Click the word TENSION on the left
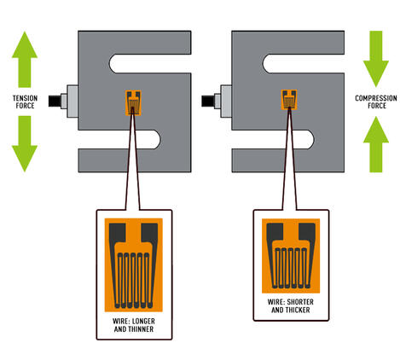point(25,98)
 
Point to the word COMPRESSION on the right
point(375,98)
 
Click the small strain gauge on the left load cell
point(132,102)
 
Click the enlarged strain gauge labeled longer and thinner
point(132,265)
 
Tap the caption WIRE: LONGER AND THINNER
point(132,325)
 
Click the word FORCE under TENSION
point(25,105)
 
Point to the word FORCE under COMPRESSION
point(375,105)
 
